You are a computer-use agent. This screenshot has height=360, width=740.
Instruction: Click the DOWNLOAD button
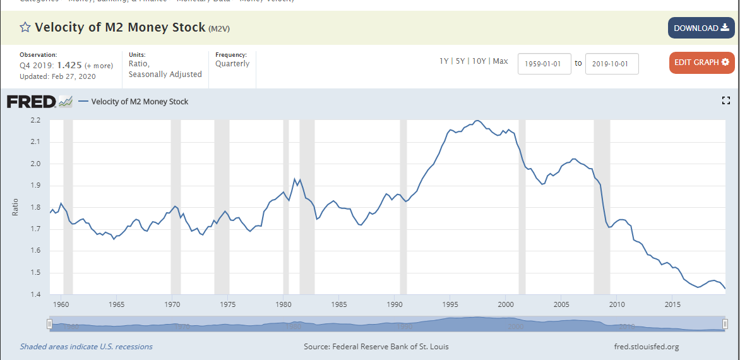[x=701, y=28]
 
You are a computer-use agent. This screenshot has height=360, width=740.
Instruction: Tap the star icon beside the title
[x=25, y=27]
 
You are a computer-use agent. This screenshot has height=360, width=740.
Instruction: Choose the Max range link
[x=500, y=61]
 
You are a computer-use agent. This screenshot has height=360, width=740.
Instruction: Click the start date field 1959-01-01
[x=544, y=64]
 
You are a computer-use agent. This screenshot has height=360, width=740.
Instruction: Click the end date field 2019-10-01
[x=612, y=64]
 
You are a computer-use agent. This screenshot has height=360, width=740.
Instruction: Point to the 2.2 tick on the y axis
[x=35, y=120]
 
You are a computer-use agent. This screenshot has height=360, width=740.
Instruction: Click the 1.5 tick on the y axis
[x=35, y=273]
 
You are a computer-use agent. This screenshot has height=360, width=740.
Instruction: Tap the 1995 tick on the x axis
[x=450, y=304]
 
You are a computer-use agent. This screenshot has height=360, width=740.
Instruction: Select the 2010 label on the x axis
[x=617, y=304]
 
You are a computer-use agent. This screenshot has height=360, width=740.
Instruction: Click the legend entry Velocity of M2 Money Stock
[x=140, y=102]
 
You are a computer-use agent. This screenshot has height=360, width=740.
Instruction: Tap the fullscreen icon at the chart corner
[x=726, y=101]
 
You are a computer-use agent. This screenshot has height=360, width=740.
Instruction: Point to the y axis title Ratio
[x=16, y=207]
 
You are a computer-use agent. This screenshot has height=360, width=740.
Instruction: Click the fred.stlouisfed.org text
[x=646, y=347]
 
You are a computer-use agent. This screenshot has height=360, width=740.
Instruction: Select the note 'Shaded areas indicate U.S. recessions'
[x=86, y=347]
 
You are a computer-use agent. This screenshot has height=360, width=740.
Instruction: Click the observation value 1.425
[x=69, y=65]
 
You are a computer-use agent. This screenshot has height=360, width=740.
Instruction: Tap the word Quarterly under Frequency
[x=232, y=64]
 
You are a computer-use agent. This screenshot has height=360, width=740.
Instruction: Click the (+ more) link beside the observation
[x=99, y=66]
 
